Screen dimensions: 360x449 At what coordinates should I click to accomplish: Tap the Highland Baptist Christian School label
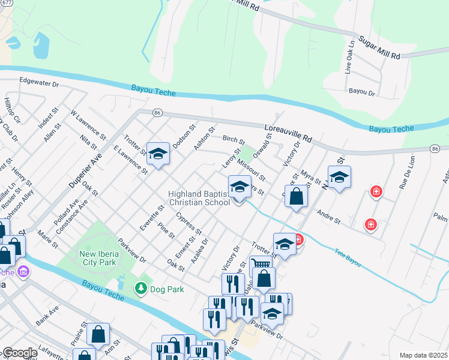tap(199, 198)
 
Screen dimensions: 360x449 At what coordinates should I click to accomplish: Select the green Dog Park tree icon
tap(141, 289)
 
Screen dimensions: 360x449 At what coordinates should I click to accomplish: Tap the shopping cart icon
tap(260, 264)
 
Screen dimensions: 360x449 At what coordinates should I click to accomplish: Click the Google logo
tap(19, 353)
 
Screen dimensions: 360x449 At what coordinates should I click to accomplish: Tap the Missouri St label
tap(251, 168)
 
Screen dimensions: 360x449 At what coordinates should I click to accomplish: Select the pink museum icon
tap(23, 272)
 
